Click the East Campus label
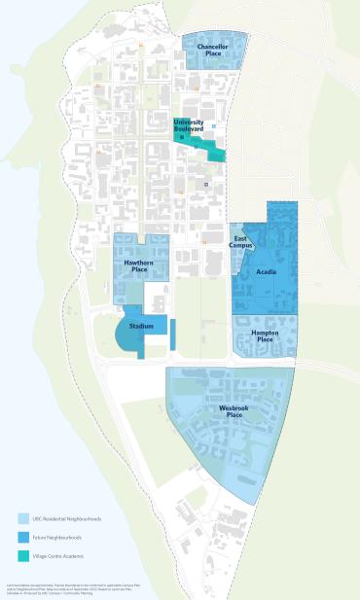click(x=241, y=242)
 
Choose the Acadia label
click(x=267, y=272)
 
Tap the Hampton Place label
click(x=266, y=335)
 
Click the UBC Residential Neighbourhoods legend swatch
click(x=23, y=518)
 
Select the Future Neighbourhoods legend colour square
click(x=23, y=537)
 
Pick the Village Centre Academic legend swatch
click(x=23, y=556)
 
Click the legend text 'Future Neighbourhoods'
click(x=57, y=537)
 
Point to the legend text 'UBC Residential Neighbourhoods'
click(x=67, y=518)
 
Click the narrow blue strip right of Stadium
click(x=172, y=335)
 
